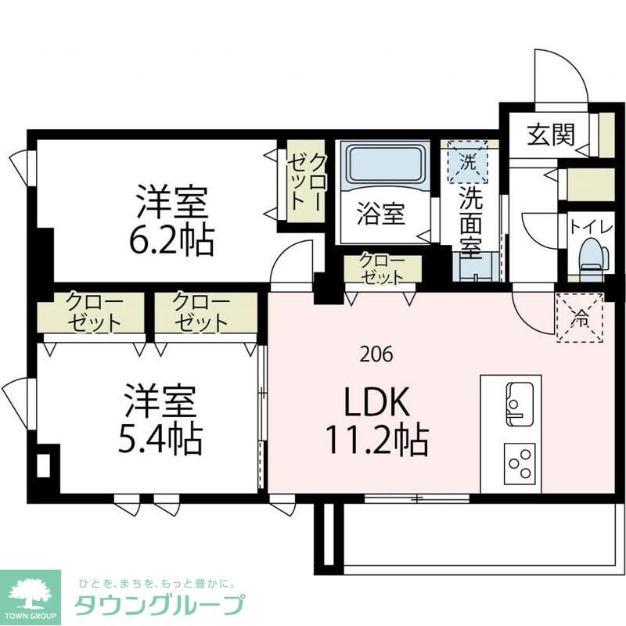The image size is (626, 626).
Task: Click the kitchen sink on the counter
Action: pyautogui.click(x=519, y=403)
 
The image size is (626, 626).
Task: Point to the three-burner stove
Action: pyautogui.click(x=519, y=462)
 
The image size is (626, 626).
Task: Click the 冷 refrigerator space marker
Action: pyautogui.click(x=580, y=318)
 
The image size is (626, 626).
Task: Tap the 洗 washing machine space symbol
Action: pyautogui.click(x=467, y=163)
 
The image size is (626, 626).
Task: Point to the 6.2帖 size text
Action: pyautogui.click(x=171, y=240)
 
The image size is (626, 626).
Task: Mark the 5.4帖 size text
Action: pyautogui.click(x=160, y=441)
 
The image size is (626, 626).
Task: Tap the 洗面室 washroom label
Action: pyautogui.click(x=470, y=222)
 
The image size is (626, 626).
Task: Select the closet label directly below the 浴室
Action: pyautogui.click(x=382, y=268)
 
